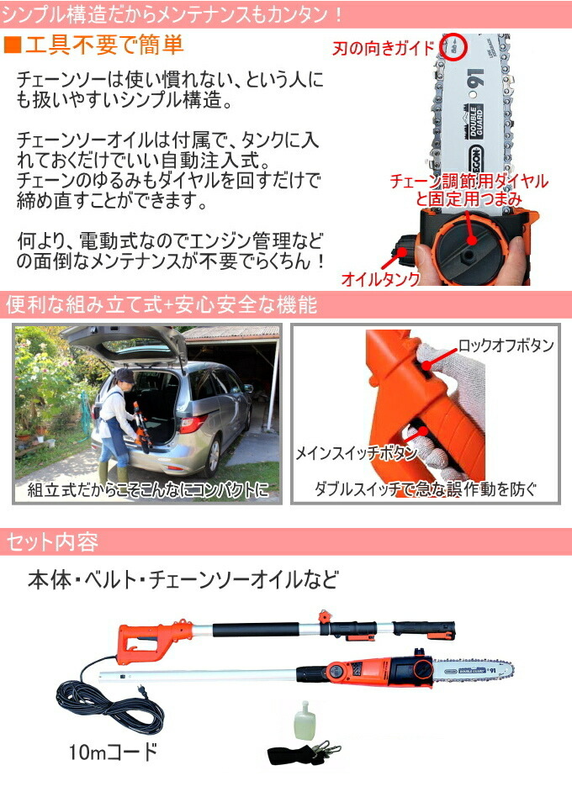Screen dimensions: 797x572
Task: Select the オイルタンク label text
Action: point(378,277)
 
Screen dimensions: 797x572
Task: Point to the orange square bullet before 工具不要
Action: point(12,45)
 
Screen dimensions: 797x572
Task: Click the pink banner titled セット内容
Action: point(286,541)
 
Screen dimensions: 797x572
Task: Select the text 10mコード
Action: point(113,751)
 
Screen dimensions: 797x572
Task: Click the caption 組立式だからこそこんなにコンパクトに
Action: point(148,488)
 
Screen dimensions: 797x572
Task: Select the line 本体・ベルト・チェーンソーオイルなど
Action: point(183,579)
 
